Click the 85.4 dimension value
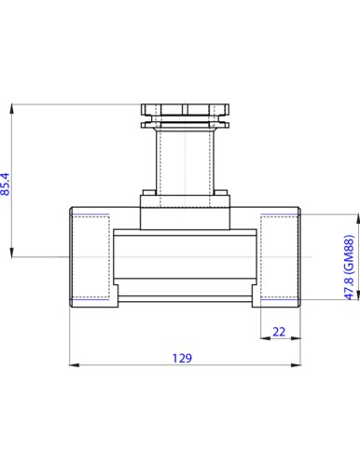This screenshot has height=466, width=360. point(6,184)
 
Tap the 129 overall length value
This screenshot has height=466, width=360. point(183,358)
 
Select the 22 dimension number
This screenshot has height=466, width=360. point(279,332)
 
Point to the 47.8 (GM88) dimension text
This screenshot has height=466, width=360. point(350,267)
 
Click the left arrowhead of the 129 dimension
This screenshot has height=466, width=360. point(74,365)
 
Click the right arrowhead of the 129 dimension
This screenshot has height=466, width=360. point(296,365)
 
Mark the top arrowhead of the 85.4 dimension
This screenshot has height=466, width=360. point(12,109)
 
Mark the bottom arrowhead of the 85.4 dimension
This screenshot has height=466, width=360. point(12,252)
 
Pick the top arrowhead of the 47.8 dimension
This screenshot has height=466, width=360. point(358,219)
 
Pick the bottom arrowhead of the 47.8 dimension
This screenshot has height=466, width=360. point(358,295)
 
